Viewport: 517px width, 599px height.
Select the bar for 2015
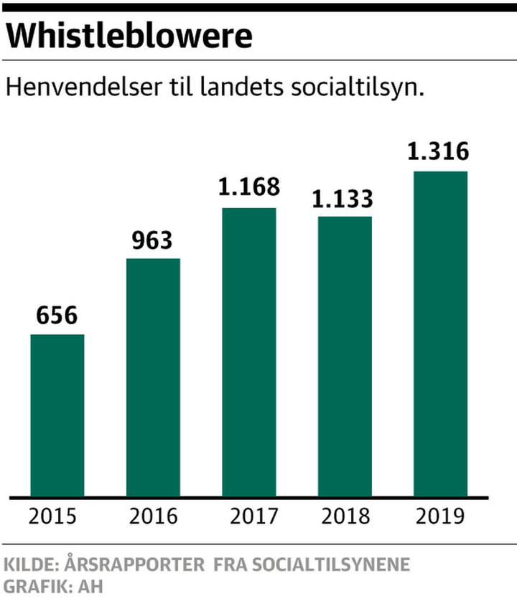[57, 415]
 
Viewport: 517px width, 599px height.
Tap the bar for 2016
[153, 377]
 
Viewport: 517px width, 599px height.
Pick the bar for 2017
[249, 352]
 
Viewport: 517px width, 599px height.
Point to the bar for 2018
[345, 357]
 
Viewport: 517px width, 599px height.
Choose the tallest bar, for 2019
[441, 334]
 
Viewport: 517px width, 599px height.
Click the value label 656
[57, 316]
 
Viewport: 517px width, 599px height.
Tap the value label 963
[153, 240]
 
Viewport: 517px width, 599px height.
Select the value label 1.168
[249, 189]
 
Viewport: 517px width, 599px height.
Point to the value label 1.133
[345, 197]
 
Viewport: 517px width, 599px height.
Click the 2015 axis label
[57, 517]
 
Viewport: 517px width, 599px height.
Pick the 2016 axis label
[153, 517]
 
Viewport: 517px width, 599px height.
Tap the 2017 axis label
[249, 517]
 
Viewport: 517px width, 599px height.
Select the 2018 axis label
[345, 517]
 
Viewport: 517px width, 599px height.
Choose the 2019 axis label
[441, 517]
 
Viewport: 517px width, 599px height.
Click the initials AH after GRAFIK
[91, 586]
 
